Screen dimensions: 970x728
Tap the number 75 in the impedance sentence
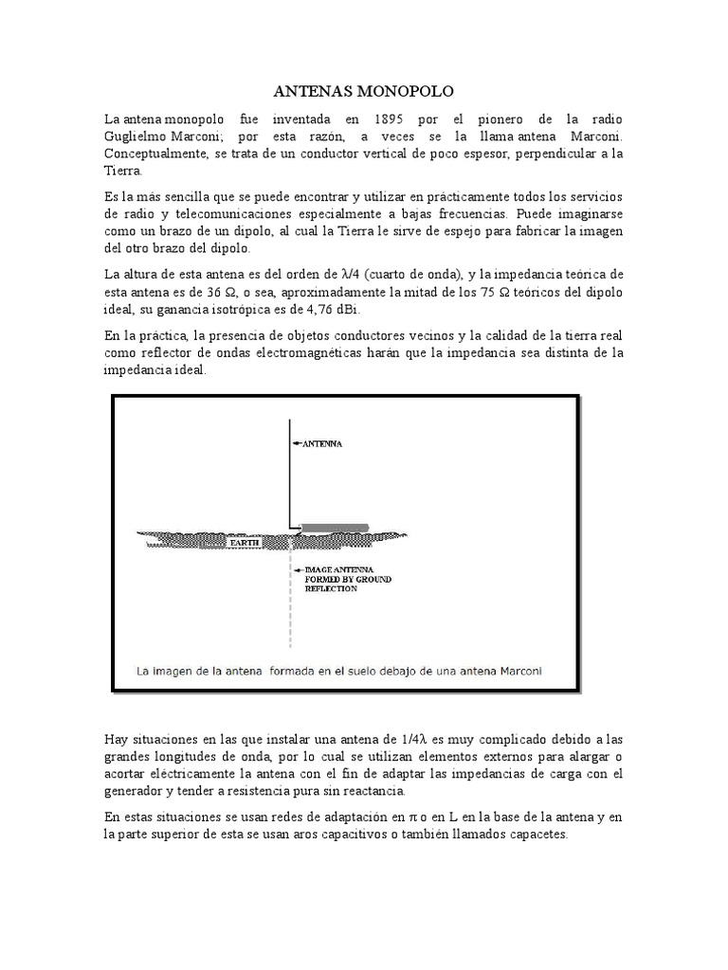point(489,292)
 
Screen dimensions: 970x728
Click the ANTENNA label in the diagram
point(322,442)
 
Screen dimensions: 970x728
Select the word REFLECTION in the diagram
point(331,588)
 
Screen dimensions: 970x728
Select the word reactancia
point(373,791)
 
